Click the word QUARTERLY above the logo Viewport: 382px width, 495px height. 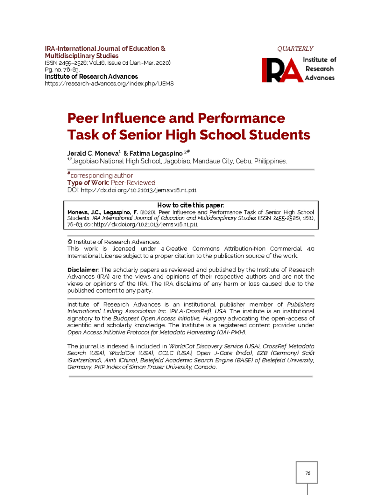(295, 49)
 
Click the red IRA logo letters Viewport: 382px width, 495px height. (282, 70)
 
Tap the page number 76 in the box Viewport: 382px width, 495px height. (308, 473)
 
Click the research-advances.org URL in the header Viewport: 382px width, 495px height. (109, 84)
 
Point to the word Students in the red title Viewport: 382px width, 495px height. (279, 135)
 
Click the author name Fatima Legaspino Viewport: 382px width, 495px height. (156, 154)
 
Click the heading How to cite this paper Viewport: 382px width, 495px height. (191, 205)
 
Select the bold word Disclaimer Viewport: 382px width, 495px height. (83, 270)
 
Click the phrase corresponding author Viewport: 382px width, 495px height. (102, 176)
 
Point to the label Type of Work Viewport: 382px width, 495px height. (88, 183)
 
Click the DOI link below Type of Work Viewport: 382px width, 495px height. (138, 190)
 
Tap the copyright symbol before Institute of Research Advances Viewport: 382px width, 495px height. (70, 242)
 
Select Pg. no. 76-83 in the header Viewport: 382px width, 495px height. (62, 70)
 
